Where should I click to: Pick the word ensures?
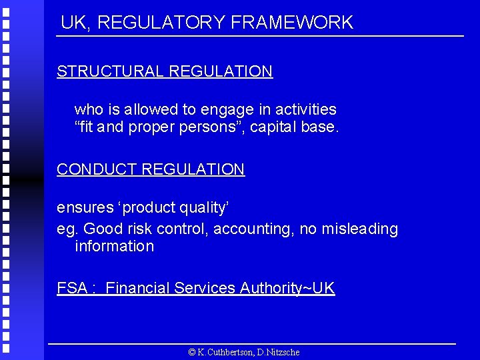85,208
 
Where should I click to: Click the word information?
114,247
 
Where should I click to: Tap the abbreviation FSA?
72,289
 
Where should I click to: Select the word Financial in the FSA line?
137,289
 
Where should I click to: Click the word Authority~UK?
287,289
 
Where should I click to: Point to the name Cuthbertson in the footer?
225,352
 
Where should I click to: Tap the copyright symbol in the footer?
191,352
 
